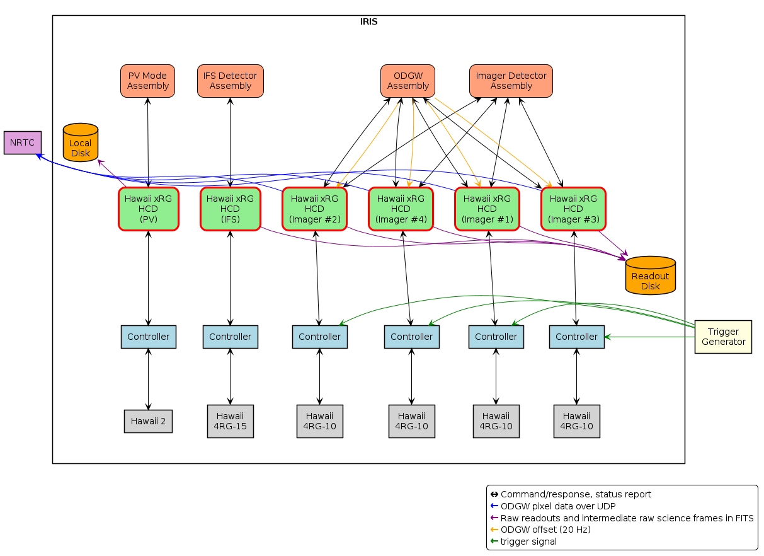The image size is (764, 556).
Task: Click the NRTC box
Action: pos(22,142)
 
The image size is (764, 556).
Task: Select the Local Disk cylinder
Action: pos(81,143)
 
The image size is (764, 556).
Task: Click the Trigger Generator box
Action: pos(723,337)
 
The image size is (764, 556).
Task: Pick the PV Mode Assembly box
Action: pos(147,81)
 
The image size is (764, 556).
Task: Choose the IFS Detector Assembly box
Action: pos(230,81)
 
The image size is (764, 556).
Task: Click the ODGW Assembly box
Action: pos(408,81)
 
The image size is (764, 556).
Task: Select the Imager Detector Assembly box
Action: pos(511,81)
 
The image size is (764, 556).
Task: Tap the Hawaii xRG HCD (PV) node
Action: pos(148,209)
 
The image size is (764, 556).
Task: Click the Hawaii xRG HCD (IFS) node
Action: pos(230,209)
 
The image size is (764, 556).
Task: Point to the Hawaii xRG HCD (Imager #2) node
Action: pos(314,209)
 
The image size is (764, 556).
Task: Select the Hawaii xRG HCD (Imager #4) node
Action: pos(401,209)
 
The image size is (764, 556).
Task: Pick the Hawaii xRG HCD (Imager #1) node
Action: pos(487,209)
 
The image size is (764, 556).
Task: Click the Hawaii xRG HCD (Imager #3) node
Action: pos(573,209)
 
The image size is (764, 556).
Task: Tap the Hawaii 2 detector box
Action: pos(148,421)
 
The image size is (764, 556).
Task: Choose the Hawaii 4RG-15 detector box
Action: pos(230,421)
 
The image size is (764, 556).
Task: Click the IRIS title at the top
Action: pos(368,22)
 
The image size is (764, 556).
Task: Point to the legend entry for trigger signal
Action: pos(528,542)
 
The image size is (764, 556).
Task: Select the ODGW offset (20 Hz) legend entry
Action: pos(545,530)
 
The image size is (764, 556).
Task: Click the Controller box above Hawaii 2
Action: pos(148,337)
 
